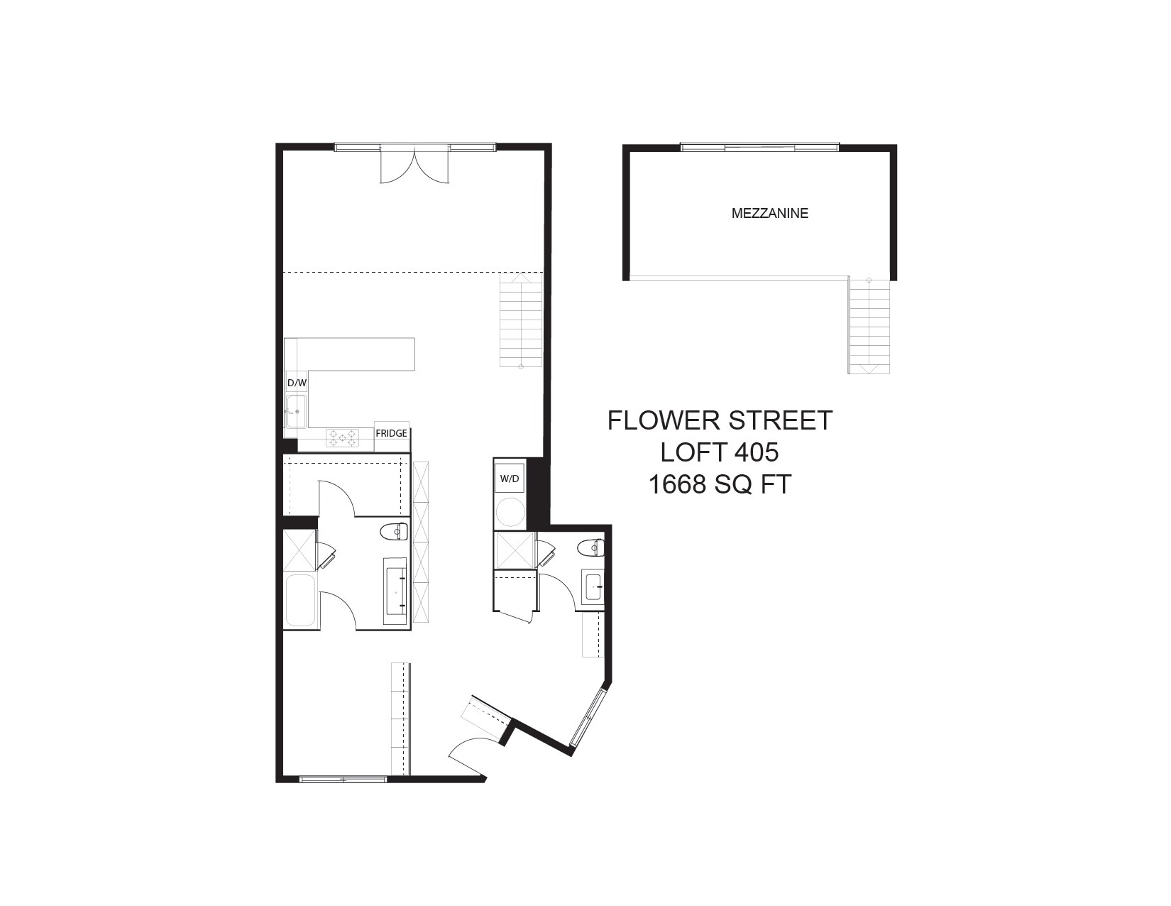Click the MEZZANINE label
[x=769, y=213]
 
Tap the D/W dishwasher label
[x=297, y=383]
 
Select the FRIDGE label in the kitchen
[x=391, y=433]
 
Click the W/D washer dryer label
[x=510, y=479]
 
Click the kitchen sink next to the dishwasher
[x=295, y=411]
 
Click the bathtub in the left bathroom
[x=300, y=601]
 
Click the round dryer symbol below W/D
[x=510, y=512]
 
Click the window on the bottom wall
[x=343, y=779]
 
